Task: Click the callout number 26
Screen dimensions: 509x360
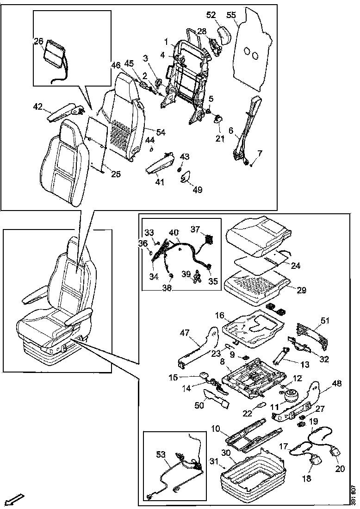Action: click(38, 41)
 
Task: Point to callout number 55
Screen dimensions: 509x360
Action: click(231, 15)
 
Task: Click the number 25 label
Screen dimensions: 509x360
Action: click(115, 174)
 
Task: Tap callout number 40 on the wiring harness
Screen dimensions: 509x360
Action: click(174, 232)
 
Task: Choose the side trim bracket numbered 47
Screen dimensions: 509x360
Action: click(199, 347)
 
